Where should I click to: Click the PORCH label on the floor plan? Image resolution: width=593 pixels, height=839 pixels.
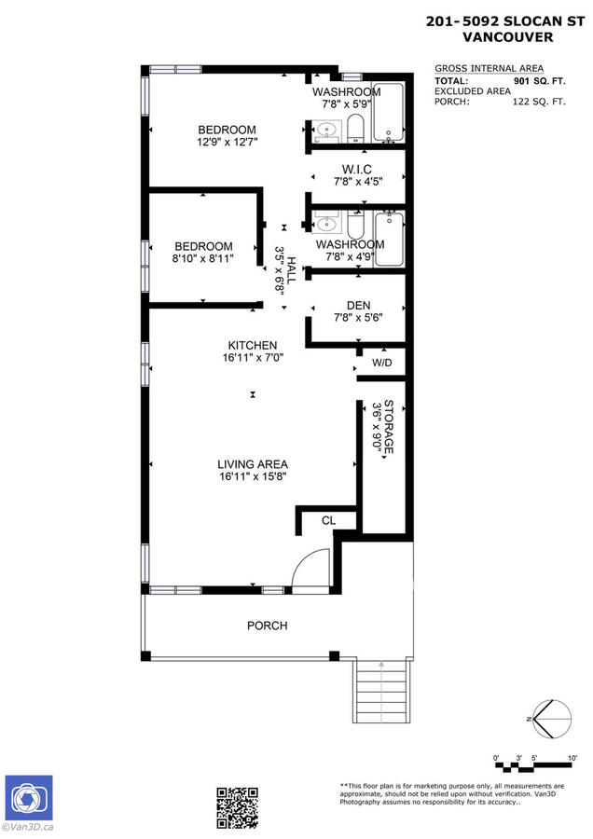(267, 626)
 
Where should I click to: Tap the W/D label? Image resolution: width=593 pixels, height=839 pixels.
(381, 363)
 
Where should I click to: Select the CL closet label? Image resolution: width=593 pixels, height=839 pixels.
(328, 520)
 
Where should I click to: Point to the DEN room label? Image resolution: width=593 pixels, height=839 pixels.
(359, 305)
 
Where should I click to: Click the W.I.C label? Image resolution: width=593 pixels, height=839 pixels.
(357, 170)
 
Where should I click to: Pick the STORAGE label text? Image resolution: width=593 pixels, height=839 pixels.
(390, 426)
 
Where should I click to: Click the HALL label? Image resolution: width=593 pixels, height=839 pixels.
(291, 270)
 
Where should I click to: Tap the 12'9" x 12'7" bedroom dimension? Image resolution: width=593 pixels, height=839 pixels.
(228, 143)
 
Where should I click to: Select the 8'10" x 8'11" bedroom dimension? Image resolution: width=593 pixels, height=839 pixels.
(203, 259)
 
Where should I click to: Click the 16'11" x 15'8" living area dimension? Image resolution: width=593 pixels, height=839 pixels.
(253, 476)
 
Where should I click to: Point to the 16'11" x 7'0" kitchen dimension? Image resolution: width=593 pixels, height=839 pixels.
(253, 357)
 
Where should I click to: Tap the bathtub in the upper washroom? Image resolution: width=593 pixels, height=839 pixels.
(388, 113)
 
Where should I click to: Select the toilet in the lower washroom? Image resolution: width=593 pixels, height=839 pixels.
(355, 226)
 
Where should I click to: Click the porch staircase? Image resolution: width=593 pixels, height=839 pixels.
(381, 692)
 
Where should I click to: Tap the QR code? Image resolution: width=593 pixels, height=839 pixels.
(237, 808)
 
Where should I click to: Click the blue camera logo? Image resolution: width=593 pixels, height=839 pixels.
(29, 798)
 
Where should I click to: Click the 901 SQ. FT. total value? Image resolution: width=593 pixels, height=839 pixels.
(539, 81)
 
